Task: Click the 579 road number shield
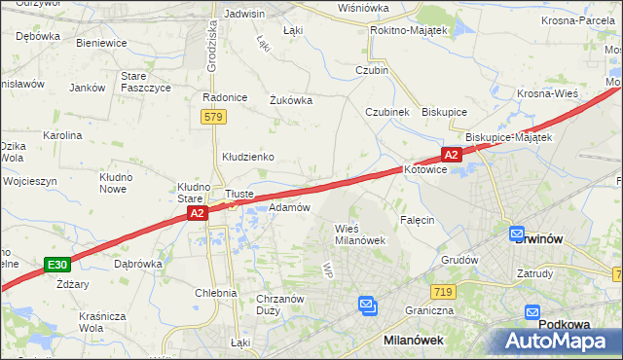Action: [x=215, y=117]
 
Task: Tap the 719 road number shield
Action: [x=443, y=291]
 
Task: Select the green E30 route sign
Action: [x=57, y=265]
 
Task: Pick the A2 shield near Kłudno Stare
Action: [x=197, y=212]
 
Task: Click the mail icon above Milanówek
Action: [x=368, y=306]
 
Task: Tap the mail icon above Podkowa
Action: [x=533, y=312]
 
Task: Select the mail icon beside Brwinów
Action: [x=517, y=234]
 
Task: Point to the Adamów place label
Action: [x=289, y=207]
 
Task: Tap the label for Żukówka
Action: [x=289, y=99]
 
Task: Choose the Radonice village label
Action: [x=222, y=97]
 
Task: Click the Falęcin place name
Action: [x=416, y=220]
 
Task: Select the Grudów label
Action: [x=459, y=260]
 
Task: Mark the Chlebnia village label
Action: [x=215, y=292]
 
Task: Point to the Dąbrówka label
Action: [x=137, y=263]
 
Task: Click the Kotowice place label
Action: [x=425, y=169]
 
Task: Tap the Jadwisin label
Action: [x=244, y=14]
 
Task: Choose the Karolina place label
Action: [x=62, y=135]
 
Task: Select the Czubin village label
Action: [x=372, y=70]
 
